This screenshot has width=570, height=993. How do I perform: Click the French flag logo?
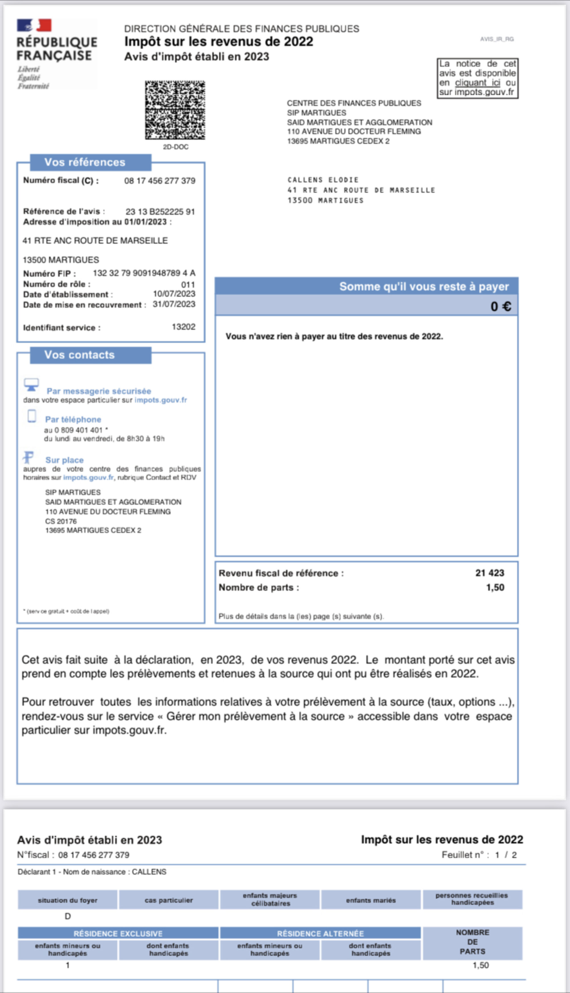(x=34, y=25)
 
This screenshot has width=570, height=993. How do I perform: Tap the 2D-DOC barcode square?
(x=175, y=110)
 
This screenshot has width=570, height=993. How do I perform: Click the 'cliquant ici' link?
(x=477, y=83)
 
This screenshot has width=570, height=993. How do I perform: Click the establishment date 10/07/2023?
(x=174, y=294)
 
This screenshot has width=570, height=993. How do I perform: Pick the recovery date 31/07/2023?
(x=174, y=304)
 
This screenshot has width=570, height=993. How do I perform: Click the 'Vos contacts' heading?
(x=80, y=355)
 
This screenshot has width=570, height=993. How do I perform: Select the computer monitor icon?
(x=31, y=384)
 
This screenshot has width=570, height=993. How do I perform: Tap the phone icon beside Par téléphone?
(x=32, y=416)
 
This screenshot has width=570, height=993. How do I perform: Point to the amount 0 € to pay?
(x=501, y=306)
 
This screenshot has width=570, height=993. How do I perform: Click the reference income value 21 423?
(x=489, y=573)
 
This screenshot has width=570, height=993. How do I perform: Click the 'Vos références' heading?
(x=85, y=162)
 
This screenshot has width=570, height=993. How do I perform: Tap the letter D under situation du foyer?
(x=68, y=916)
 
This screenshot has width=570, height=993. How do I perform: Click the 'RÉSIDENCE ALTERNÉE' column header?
(x=320, y=933)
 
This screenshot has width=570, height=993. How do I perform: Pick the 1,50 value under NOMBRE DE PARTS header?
(x=480, y=965)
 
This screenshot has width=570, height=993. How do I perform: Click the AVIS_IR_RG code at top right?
(x=497, y=39)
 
